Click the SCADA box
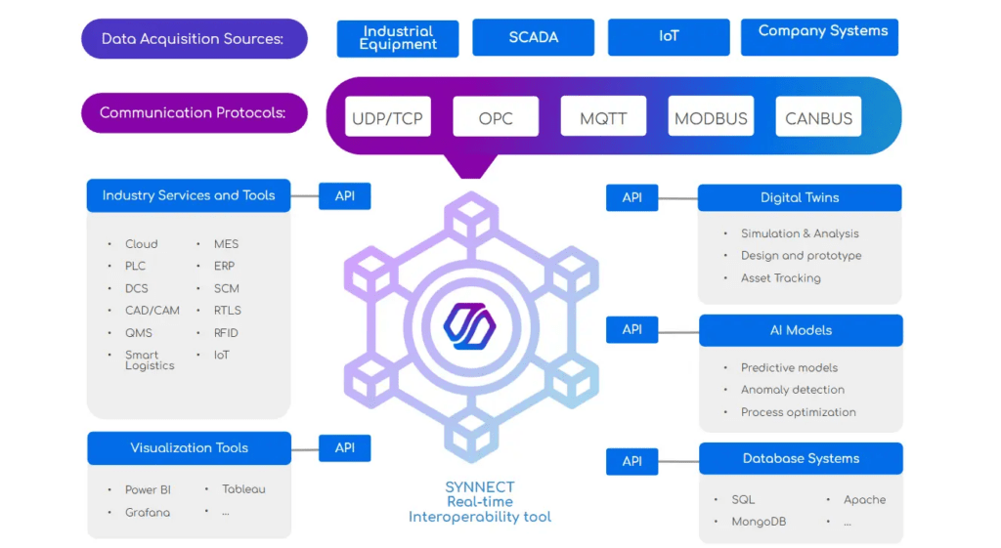point(533,37)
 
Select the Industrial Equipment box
point(398,38)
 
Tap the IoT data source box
point(669,37)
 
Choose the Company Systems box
point(819,37)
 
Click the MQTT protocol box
point(603,117)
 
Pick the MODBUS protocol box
point(711,117)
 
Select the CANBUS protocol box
point(818,117)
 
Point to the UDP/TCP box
point(387,117)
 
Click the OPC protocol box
point(496,117)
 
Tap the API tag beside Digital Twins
point(632,197)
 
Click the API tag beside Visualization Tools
point(345,448)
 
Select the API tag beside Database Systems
point(632,461)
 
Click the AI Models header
point(801,330)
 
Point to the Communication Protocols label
point(194,112)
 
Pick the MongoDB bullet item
point(759,522)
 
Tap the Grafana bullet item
point(148,512)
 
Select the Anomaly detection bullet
point(792,390)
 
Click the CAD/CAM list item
point(152,311)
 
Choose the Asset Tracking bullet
point(780,278)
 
